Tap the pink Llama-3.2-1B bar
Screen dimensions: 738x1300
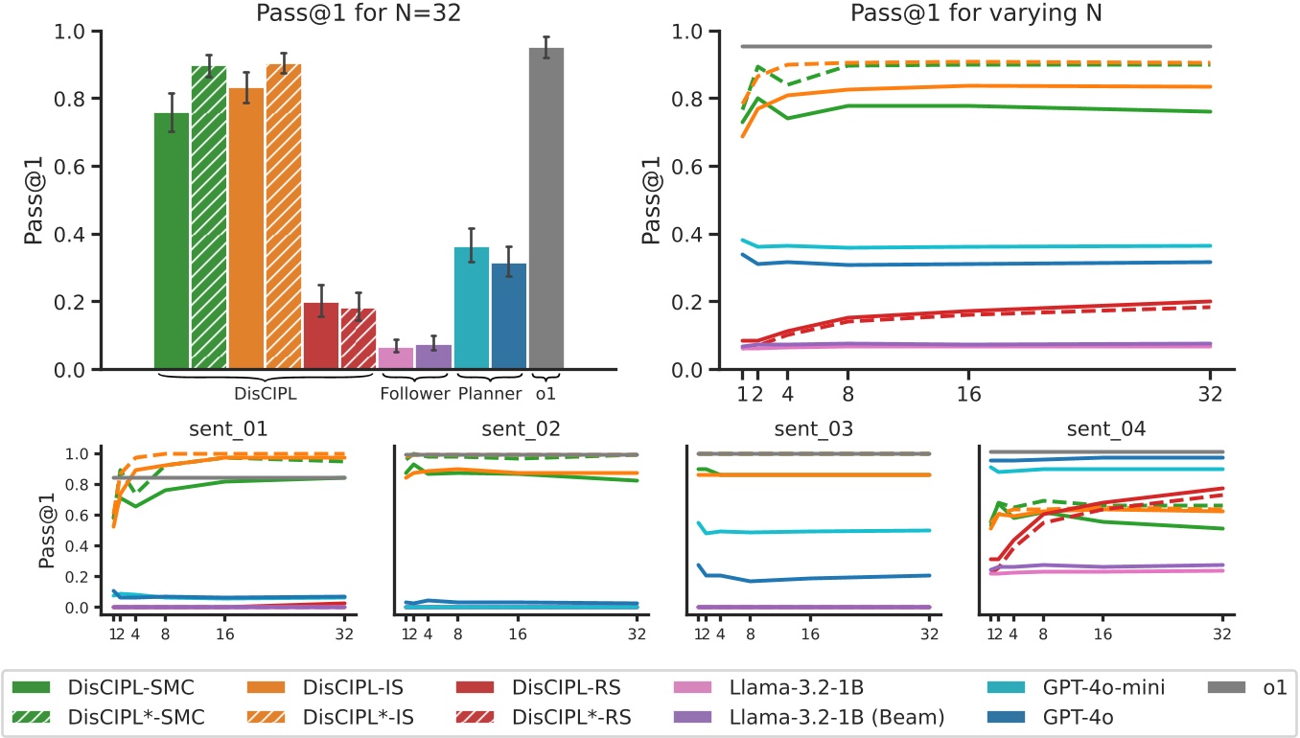396,357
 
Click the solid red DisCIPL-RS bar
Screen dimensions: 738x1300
321,335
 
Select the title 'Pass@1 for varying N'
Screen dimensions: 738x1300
971,12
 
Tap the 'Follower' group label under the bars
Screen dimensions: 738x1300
414,394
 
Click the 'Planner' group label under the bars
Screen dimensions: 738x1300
490,394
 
